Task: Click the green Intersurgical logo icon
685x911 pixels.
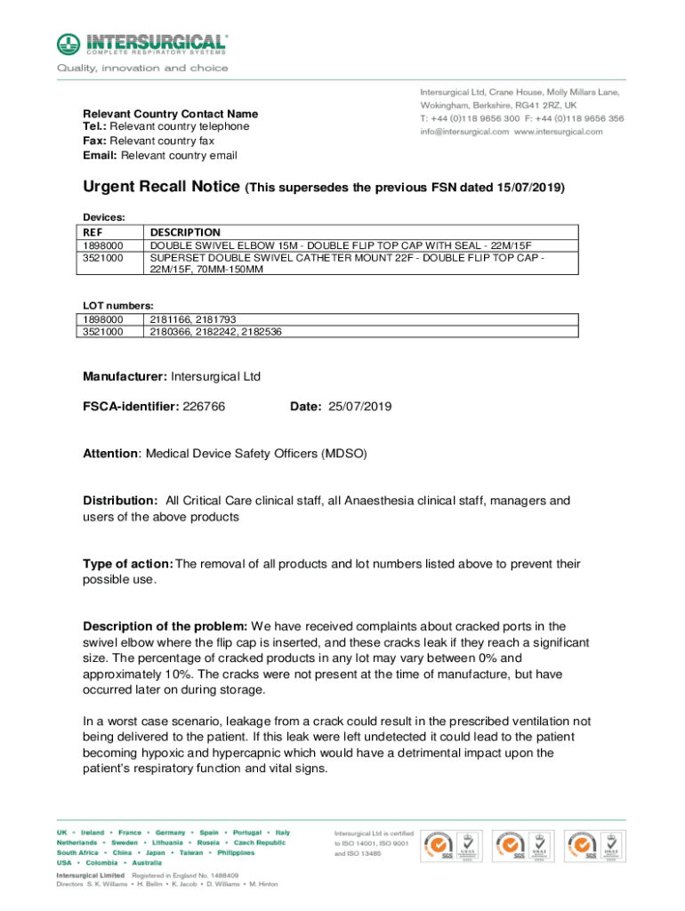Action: (68, 44)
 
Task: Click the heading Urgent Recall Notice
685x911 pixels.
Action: (160, 188)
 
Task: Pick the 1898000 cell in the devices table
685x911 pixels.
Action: (103, 246)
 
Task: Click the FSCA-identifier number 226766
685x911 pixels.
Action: (204, 407)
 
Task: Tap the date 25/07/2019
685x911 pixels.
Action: (360, 407)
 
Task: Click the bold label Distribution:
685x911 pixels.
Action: (121, 501)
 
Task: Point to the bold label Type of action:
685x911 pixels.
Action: (128, 563)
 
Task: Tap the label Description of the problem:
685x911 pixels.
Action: (165, 626)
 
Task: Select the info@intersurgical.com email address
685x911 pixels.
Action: (464, 132)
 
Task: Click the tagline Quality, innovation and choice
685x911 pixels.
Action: (142, 68)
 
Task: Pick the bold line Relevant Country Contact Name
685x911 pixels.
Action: (170, 114)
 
